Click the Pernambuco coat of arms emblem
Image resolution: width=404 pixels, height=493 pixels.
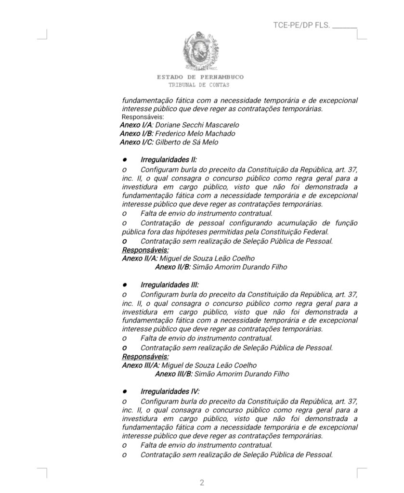(199, 51)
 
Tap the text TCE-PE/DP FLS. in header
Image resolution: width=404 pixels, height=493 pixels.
(301, 25)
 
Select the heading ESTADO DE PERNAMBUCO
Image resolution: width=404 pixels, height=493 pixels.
(200, 77)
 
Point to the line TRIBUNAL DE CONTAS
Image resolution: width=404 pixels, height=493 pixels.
(199, 85)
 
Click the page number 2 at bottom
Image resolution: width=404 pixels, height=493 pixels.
(202, 483)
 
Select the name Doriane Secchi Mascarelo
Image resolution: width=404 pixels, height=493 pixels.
(197, 125)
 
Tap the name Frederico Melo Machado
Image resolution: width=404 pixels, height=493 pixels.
(195, 134)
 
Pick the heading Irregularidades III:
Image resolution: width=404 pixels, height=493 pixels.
(169, 285)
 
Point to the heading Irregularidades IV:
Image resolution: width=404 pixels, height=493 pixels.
(170, 392)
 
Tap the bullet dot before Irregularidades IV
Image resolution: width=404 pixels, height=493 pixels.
(124, 392)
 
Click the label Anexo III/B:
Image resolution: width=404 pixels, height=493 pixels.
(174, 374)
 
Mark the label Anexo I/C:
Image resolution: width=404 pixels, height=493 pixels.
(137, 143)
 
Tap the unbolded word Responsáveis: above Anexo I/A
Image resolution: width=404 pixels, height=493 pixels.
(143, 117)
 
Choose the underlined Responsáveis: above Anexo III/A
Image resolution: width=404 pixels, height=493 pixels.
(145, 357)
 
